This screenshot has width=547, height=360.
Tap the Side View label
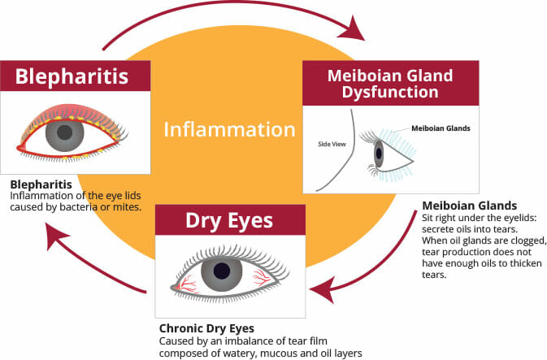tap(332, 144)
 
